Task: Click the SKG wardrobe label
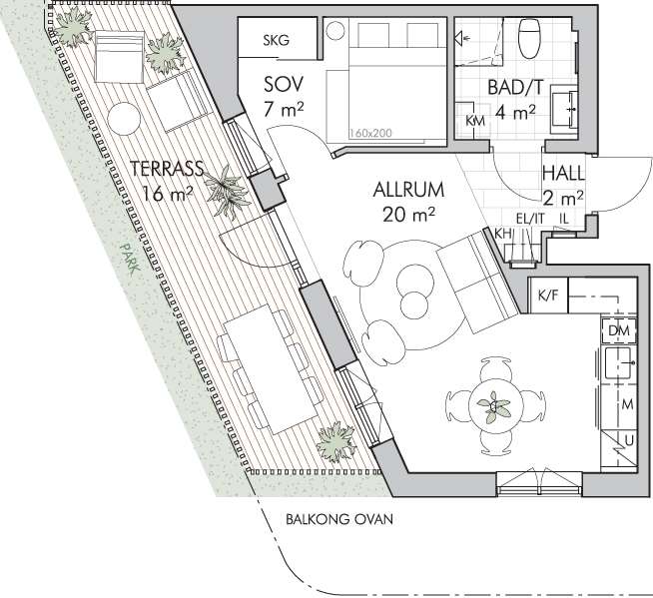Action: (276, 40)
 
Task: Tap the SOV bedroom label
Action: (284, 85)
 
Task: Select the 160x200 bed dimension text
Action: (370, 133)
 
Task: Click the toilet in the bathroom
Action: (529, 38)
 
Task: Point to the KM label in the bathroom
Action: (475, 121)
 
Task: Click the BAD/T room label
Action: (515, 88)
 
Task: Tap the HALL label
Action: (563, 174)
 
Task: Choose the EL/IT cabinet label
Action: (530, 219)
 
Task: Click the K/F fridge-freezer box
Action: (548, 296)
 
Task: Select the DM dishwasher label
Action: (619, 330)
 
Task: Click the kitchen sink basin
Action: (619, 363)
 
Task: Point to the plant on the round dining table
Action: (494, 405)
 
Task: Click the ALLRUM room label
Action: (408, 190)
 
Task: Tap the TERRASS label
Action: (167, 169)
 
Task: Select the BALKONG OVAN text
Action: (339, 519)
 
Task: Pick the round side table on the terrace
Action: (124, 119)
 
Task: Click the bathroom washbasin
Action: (564, 109)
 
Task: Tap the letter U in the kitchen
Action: (629, 440)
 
